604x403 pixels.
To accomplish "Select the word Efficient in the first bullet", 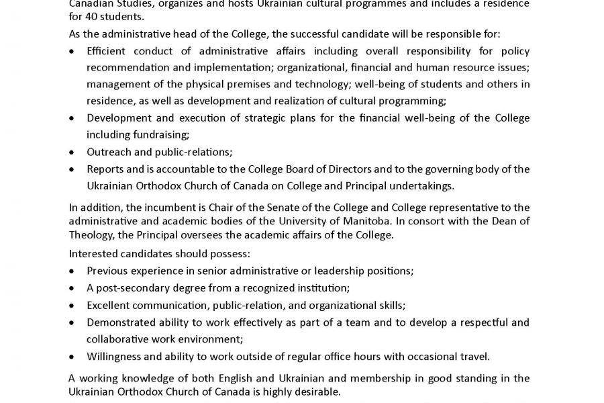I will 108,51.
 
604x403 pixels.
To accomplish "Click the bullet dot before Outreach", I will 72,152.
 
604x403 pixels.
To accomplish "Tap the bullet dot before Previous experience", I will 72,271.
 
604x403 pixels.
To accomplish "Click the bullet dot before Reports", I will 72,169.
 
